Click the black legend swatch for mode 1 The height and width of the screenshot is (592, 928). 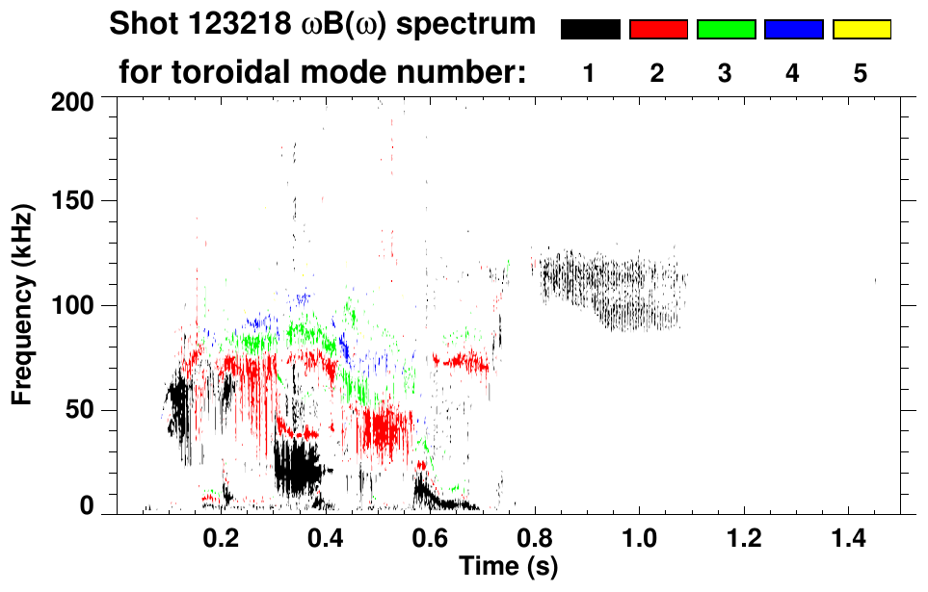[590, 30]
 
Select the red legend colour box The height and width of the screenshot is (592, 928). [658, 30]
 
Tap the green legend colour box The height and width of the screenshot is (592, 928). [726, 30]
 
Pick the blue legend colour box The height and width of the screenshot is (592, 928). [793, 30]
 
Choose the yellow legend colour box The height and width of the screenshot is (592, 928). [861, 30]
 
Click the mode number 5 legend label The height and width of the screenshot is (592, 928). [861, 73]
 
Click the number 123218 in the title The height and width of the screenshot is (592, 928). [229, 24]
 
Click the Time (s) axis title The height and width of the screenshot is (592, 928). [507, 565]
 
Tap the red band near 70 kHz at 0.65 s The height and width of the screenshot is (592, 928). [461, 362]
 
